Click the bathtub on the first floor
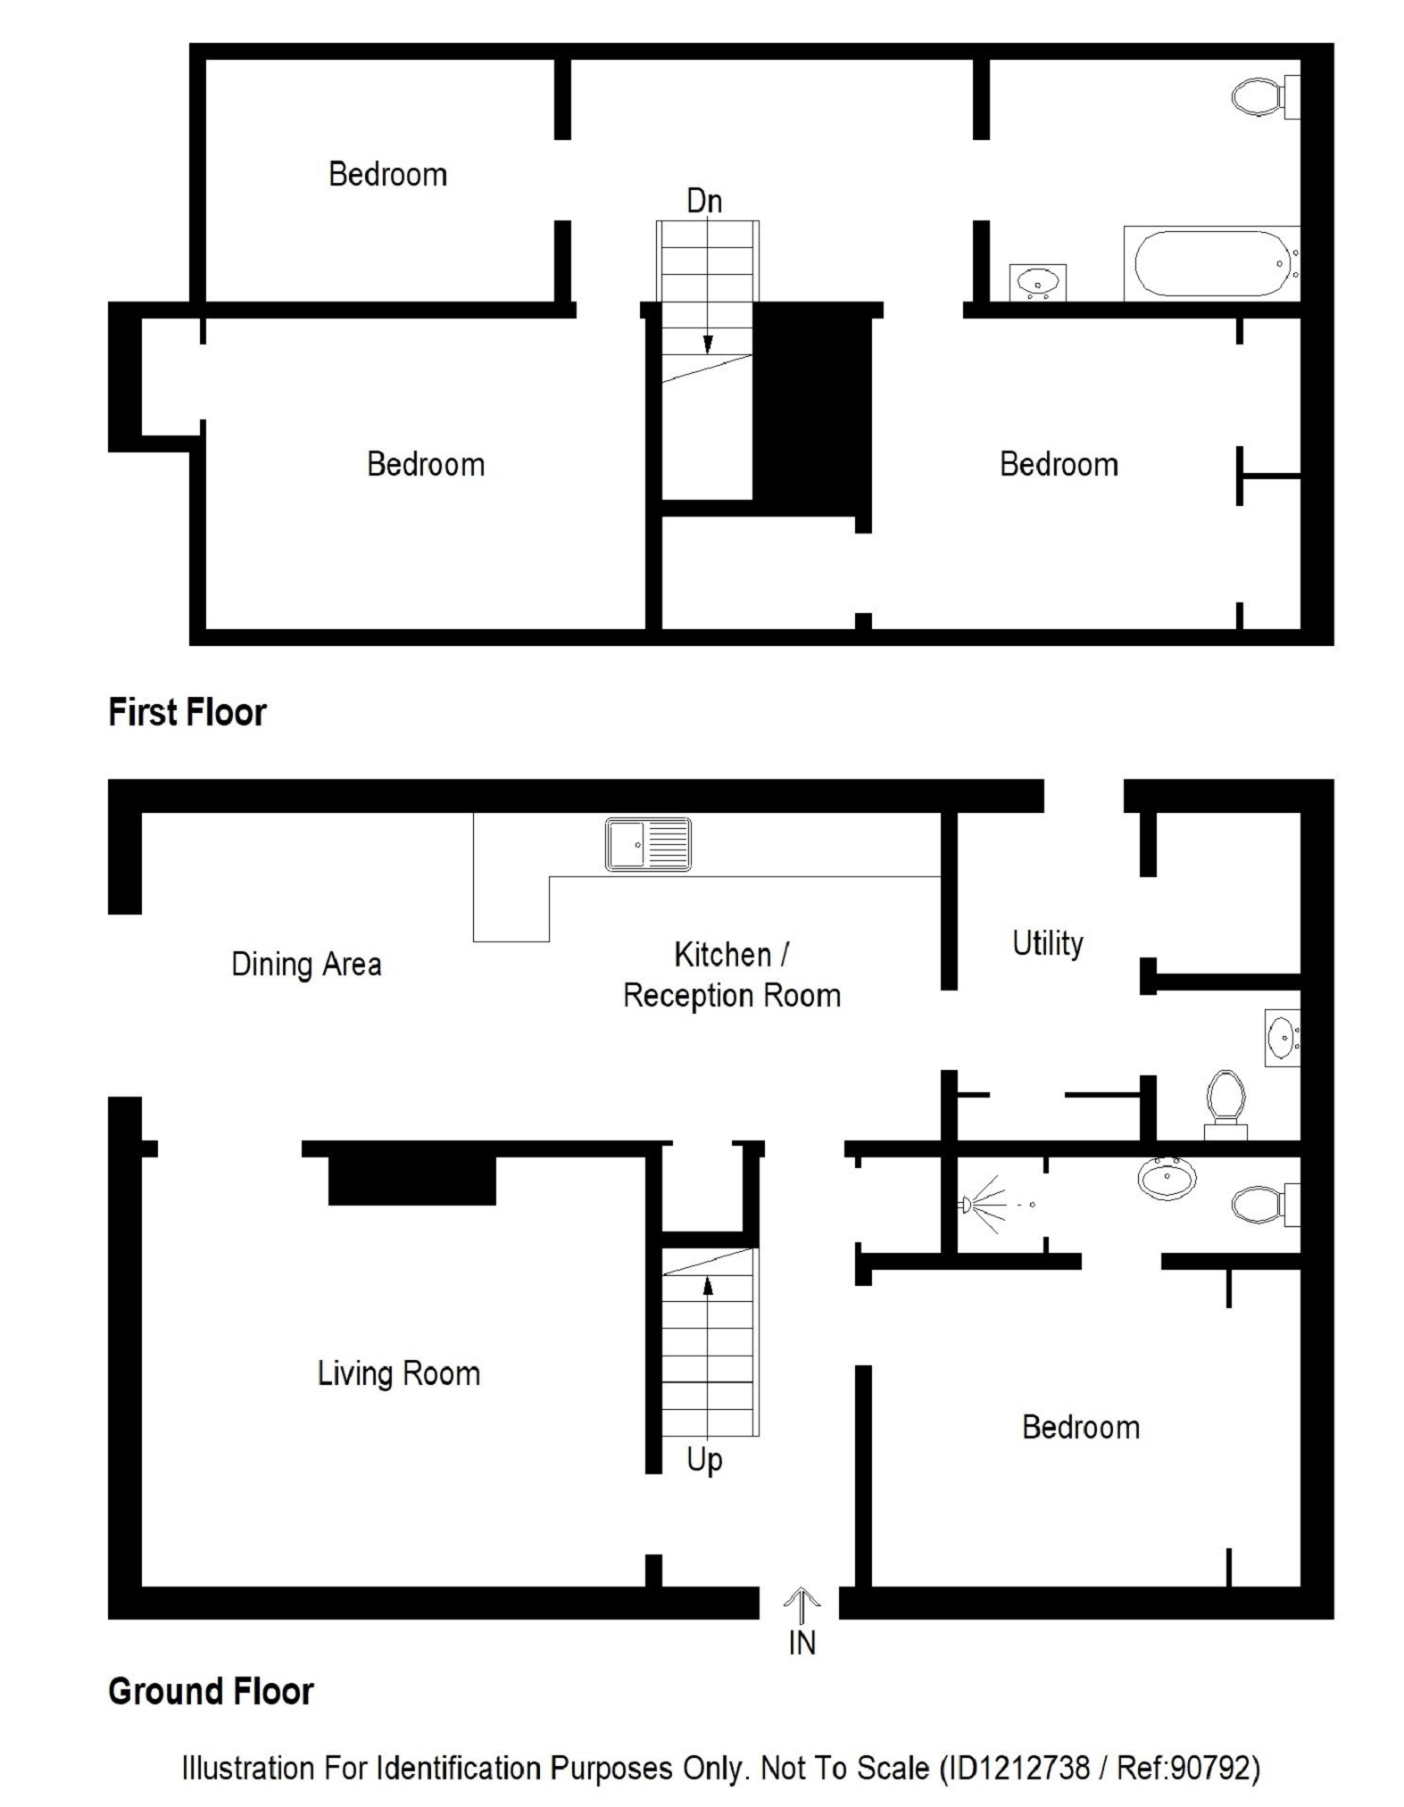[x=1210, y=263]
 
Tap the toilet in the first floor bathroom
[x=1265, y=96]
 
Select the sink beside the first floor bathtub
[x=1037, y=282]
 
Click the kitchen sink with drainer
[x=648, y=843]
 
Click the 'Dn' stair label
[x=704, y=201]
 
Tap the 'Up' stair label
[x=704, y=1461]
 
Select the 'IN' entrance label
[x=802, y=1643]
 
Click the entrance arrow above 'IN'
[x=802, y=1605]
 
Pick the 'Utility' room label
[x=1047, y=943]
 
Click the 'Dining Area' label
[x=306, y=964]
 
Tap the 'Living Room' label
[x=399, y=1372]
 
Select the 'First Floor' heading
[x=187, y=712]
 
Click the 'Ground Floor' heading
[x=211, y=1691]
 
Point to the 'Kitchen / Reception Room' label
[x=732, y=974]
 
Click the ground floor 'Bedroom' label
[x=1081, y=1427]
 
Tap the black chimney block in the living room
[x=411, y=1181]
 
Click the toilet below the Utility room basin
[x=1225, y=1105]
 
